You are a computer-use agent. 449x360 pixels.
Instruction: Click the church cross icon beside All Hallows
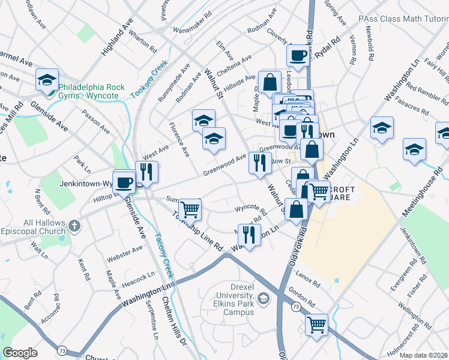tap(74, 226)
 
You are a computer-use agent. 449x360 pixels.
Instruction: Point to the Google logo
tap(20, 353)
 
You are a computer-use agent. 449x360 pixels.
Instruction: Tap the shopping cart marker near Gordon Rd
tap(316, 325)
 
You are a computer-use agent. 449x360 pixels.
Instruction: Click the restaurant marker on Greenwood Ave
tap(259, 163)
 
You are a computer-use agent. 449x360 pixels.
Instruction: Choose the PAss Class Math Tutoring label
tap(402, 19)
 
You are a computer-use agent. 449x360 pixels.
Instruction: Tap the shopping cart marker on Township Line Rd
tap(190, 209)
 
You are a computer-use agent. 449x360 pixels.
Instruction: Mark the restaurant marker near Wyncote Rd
tap(249, 234)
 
